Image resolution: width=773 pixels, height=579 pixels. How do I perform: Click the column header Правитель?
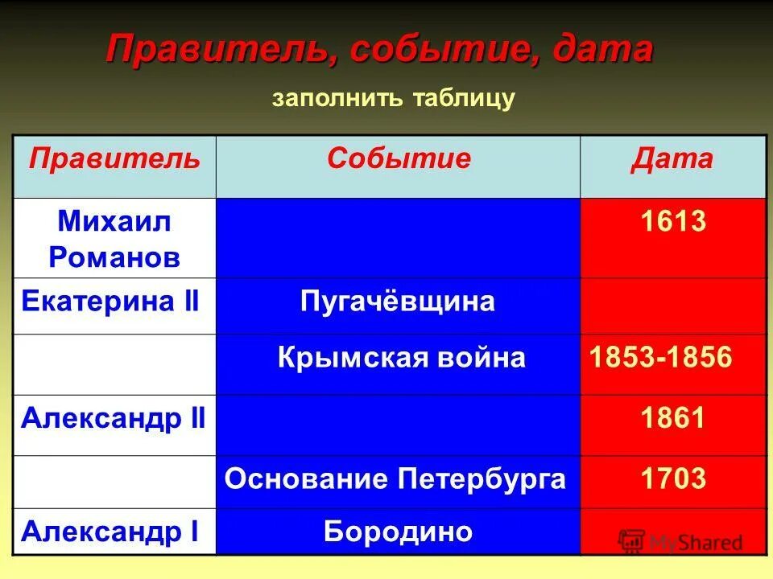[x=114, y=158]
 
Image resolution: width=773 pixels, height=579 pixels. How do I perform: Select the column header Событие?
[x=398, y=158]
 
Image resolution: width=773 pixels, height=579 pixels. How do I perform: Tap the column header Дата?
[x=672, y=158]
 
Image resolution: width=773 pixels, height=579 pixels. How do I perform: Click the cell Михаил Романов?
[x=114, y=239]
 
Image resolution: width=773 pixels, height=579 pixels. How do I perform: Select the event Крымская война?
[x=401, y=358]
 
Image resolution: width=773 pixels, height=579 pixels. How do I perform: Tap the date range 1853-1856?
[x=661, y=358]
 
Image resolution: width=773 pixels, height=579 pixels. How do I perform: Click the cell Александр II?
[x=114, y=418]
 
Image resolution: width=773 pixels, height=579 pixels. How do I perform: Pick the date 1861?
[x=673, y=418]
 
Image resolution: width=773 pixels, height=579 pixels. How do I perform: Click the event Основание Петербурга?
[x=395, y=479]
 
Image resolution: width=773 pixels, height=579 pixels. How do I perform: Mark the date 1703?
[x=673, y=479]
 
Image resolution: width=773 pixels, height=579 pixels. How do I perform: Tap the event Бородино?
[x=398, y=531]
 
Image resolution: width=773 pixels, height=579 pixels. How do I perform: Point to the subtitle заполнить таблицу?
[x=393, y=99]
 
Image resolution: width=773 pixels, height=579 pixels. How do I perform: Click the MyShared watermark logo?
[x=680, y=541]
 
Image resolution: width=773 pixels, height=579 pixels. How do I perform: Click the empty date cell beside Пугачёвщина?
[x=673, y=306]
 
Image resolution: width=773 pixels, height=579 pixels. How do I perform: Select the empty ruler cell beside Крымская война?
[x=114, y=363]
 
